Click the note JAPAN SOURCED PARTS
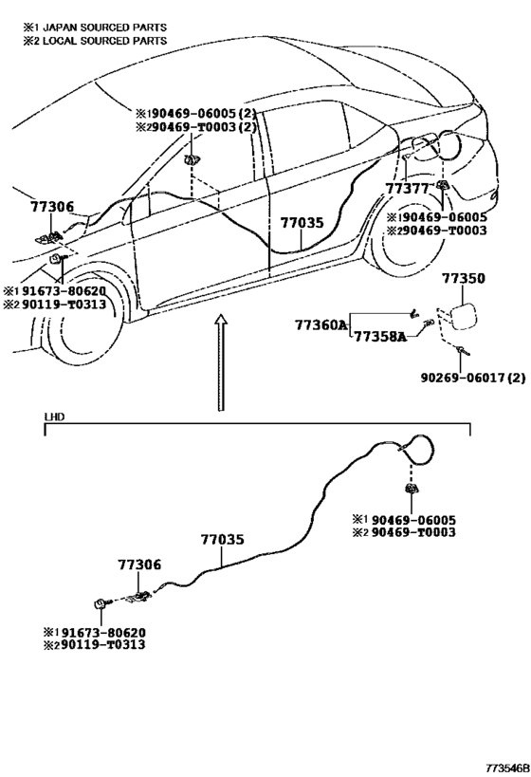pyautogui.click(x=105, y=28)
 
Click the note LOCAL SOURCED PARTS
pyautogui.click(x=105, y=41)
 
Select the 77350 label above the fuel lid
pyautogui.click(x=464, y=279)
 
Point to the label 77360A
pyautogui.click(x=321, y=325)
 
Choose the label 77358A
pyautogui.click(x=381, y=337)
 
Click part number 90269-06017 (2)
pyautogui.click(x=473, y=378)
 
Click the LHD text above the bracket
pyautogui.click(x=54, y=416)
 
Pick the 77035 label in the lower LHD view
pyautogui.click(x=223, y=539)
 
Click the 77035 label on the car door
pyautogui.click(x=302, y=223)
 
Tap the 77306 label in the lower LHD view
pyautogui.click(x=139, y=564)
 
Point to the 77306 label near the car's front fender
pyautogui.click(x=52, y=207)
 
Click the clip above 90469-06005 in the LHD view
pyautogui.click(x=412, y=490)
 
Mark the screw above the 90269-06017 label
pyautogui.click(x=463, y=351)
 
